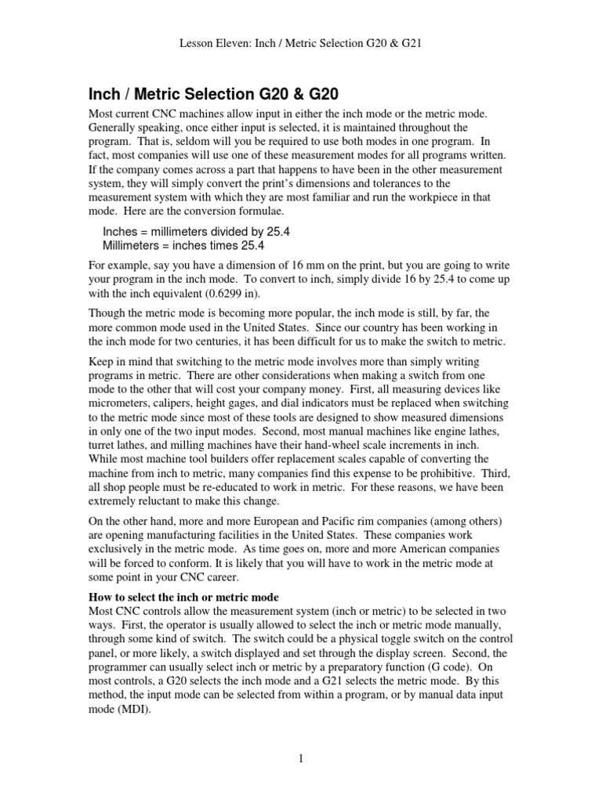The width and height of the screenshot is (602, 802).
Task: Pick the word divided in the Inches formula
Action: coord(234,233)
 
